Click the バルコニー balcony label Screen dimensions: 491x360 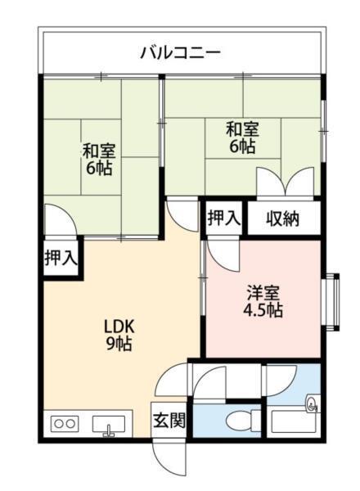click(x=180, y=53)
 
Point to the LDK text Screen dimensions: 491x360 click(x=119, y=324)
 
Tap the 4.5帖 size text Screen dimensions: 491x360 click(x=263, y=311)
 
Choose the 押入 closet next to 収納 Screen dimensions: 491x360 click(x=223, y=218)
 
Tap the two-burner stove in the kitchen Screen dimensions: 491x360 click(x=64, y=425)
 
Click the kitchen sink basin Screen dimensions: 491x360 click(x=108, y=425)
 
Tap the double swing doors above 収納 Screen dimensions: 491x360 click(x=285, y=182)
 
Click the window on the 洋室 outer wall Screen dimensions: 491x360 click(x=331, y=299)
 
